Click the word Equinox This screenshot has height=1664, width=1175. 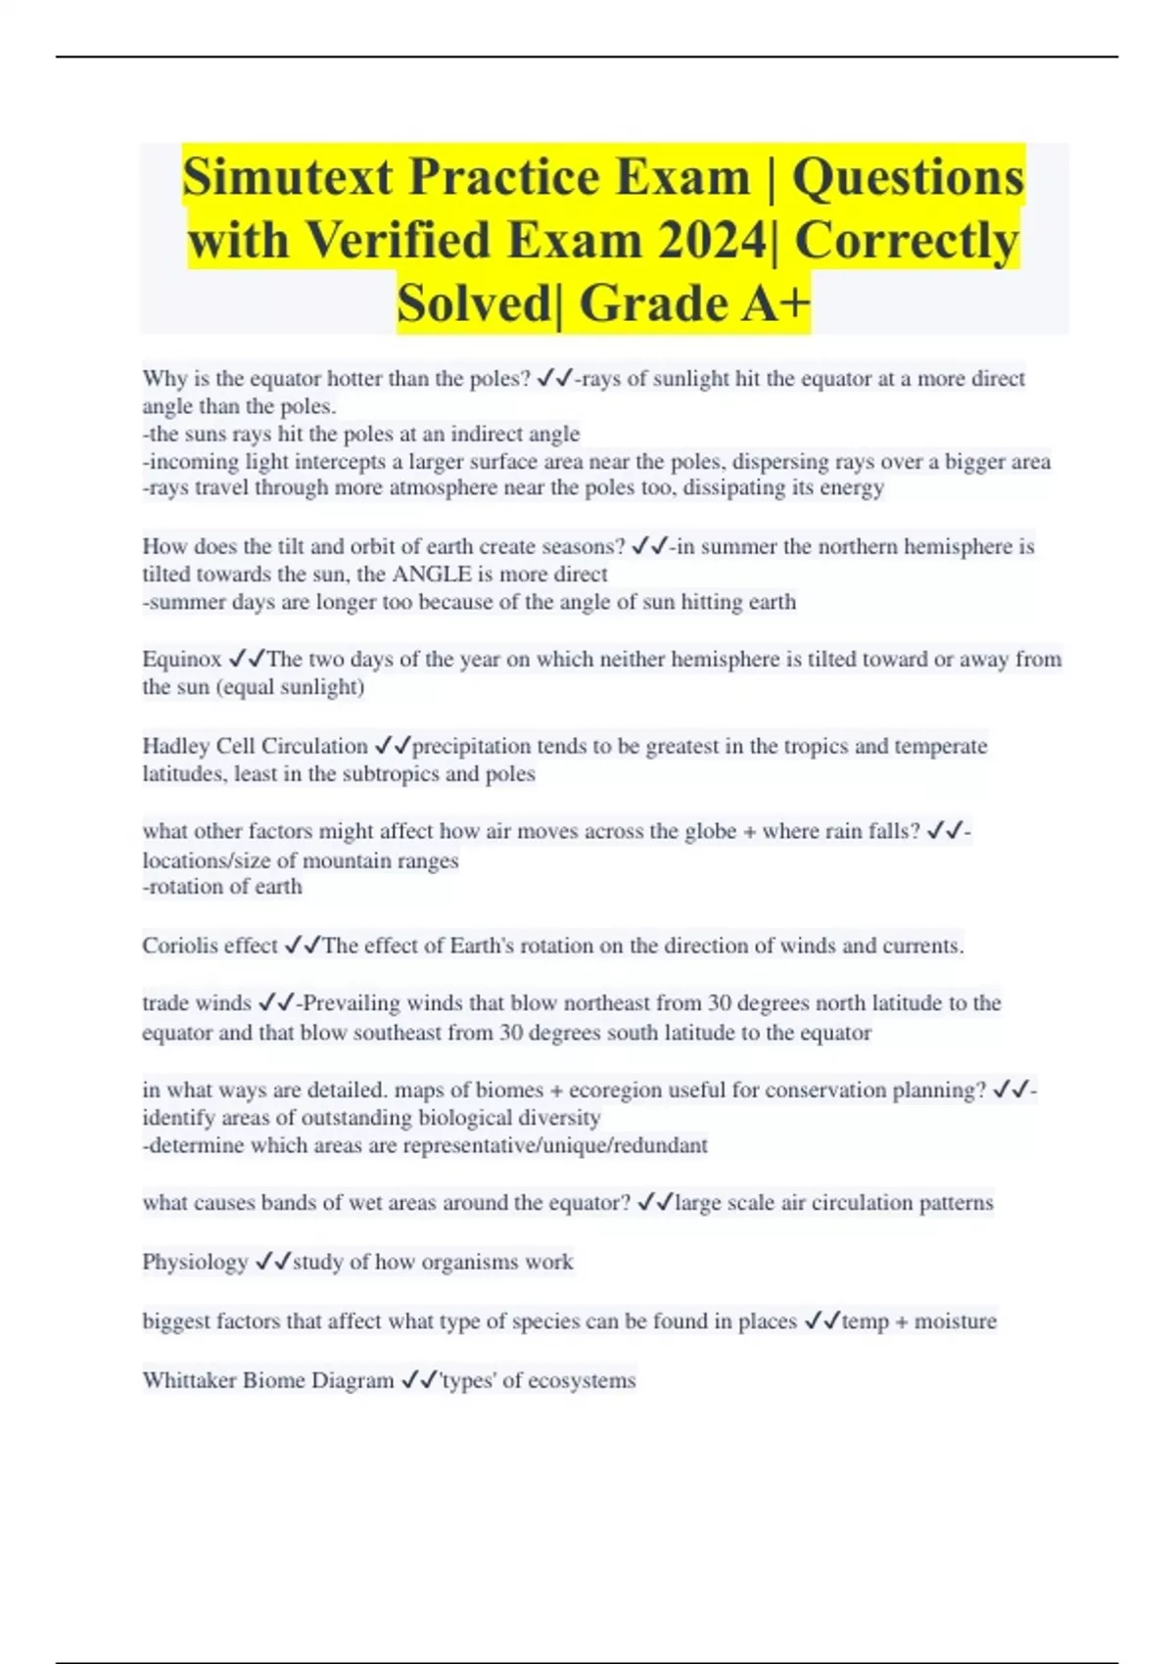point(182,659)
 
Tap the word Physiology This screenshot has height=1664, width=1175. point(195,1262)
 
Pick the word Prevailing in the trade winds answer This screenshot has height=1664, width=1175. point(352,1003)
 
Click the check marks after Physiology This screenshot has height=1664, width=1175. point(272,1262)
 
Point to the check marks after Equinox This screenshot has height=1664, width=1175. point(247,659)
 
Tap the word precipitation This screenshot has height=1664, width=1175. point(472,746)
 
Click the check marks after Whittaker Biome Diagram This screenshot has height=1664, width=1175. point(419,1380)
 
